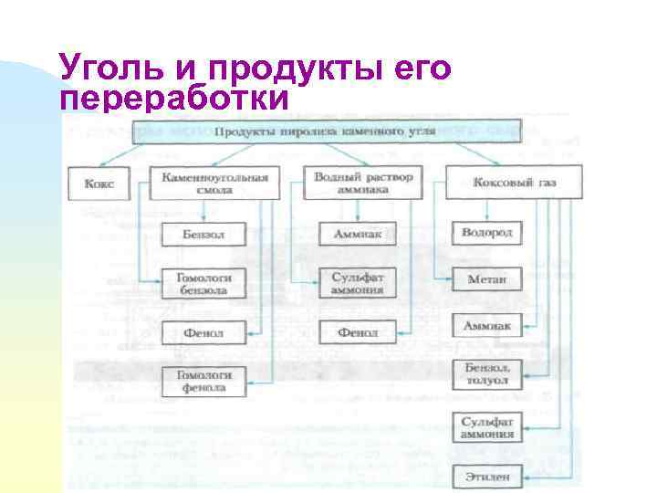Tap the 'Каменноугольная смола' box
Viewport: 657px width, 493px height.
click(x=214, y=184)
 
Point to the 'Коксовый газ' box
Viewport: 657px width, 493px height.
click(x=514, y=183)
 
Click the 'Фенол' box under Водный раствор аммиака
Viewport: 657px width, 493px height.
click(x=358, y=332)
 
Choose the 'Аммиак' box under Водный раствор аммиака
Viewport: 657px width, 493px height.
click(x=358, y=235)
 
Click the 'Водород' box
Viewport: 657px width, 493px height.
click(x=487, y=233)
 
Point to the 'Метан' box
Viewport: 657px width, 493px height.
click(x=487, y=278)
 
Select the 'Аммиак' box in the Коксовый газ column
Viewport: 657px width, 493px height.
click(x=487, y=326)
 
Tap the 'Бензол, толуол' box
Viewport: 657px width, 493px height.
click(x=487, y=374)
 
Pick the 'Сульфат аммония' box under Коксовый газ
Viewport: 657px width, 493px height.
click(x=487, y=427)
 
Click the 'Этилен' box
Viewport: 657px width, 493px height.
click(x=487, y=477)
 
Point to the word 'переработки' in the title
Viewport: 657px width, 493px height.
click(x=172, y=98)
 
